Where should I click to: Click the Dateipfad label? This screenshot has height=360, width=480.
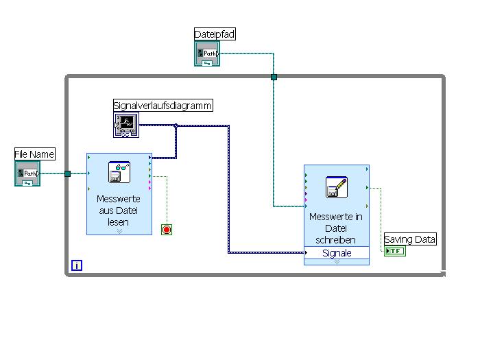click(215, 34)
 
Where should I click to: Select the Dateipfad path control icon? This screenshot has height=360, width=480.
click(207, 53)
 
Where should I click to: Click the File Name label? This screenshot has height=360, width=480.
click(34, 154)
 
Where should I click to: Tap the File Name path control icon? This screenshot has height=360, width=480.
click(27, 173)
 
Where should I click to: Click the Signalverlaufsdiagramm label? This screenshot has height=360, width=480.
click(163, 105)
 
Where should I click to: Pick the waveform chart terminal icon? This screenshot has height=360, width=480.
click(126, 125)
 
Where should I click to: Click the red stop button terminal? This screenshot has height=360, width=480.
click(166, 230)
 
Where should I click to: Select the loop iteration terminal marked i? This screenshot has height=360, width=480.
click(77, 265)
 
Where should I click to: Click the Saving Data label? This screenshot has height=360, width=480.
click(410, 239)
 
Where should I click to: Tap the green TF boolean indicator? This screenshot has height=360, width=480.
click(395, 252)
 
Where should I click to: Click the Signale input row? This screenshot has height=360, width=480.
click(337, 253)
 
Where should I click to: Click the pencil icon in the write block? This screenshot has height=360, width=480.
click(336, 187)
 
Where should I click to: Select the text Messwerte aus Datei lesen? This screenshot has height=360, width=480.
click(119, 211)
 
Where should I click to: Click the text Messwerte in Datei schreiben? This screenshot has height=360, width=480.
click(336, 228)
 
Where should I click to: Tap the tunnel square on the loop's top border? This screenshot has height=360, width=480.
click(274, 77)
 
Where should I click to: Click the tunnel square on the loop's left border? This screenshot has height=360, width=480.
click(67, 173)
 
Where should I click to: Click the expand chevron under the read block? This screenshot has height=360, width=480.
click(119, 231)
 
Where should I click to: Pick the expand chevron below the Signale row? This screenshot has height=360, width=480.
click(337, 261)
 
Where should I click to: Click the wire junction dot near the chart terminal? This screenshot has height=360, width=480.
click(176, 125)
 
